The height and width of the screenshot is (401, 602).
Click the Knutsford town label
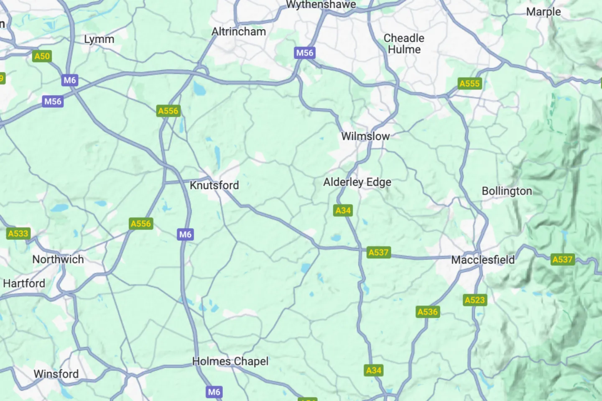tap(214, 185)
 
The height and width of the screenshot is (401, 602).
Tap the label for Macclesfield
tap(483, 260)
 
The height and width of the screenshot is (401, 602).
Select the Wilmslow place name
tap(365, 136)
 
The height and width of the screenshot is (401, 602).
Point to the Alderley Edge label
tap(357, 182)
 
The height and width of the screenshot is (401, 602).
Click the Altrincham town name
tap(238, 32)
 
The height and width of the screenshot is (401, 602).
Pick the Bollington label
tap(507, 191)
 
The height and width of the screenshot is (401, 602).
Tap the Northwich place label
tap(58, 259)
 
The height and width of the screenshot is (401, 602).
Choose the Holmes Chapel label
tap(230, 361)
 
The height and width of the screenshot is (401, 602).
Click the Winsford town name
tap(56, 374)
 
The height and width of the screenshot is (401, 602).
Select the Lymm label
tap(99, 39)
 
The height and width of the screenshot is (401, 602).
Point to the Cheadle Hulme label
tap(404, 44)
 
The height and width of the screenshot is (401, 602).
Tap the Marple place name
tap(543, 12)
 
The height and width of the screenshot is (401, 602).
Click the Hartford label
tap(24, 284)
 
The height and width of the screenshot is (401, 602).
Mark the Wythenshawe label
tap(321, 5)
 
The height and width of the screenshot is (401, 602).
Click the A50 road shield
tap(42, 56)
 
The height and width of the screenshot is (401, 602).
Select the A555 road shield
tap(469, 84)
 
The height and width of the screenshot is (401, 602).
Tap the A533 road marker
tap(18, 234)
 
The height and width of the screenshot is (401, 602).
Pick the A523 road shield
tap(475, 300)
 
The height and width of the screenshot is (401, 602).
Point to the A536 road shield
tap(427, 312)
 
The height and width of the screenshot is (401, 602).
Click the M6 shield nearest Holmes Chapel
tap(214, 392)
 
